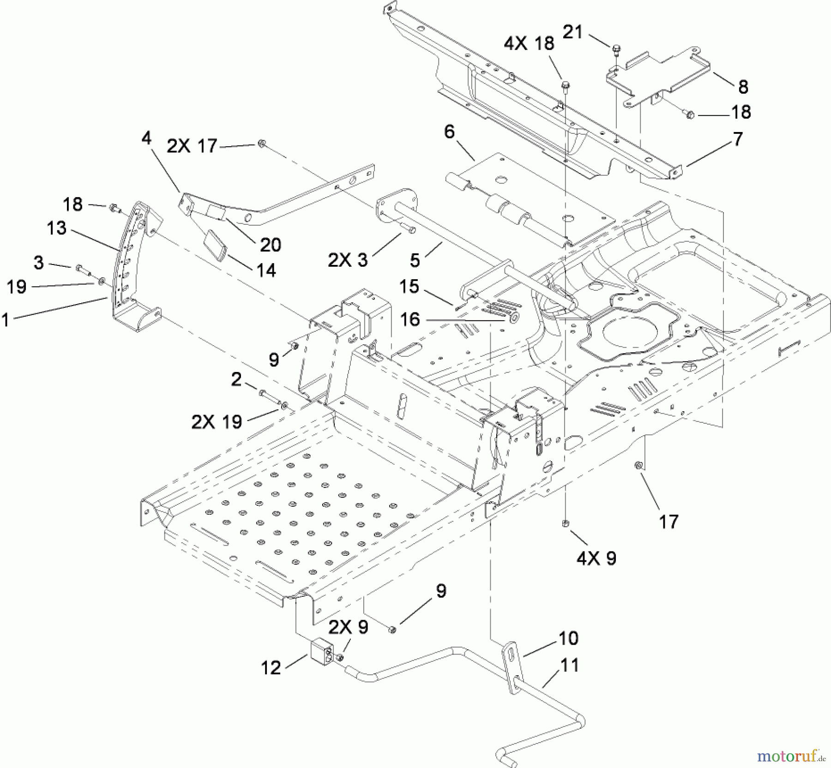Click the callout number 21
point(573,32)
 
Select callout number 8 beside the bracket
point(743,86)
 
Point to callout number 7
point(738,138)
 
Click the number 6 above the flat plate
point(449,132)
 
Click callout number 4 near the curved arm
point(146,138)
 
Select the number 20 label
point(271,245)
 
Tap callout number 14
point(266,270)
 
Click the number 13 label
point(56,228)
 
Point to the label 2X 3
point(348,260)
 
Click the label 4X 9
point(596,558)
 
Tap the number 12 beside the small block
point(271,667)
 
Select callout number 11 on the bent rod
point(569,666)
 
